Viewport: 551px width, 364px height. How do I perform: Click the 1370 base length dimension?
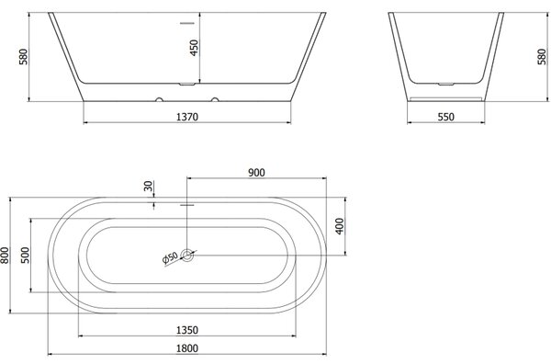pyautogui.click(x=187, y=117)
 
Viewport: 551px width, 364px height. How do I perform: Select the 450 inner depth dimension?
pyautogui.click(x=194, y=48)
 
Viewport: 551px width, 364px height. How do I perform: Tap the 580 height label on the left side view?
pyautogui.click(x=23, y=57)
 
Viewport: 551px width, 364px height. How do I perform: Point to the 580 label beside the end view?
pyautogui.click(x=542, y=57)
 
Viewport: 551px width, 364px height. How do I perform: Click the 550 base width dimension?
pyautogui.click(x=446, y=117)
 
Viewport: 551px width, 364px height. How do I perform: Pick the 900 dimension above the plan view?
pyautogui.click(x=256, y=173)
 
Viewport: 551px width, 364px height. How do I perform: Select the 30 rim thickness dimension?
pyautogui.click(x=149, y=186)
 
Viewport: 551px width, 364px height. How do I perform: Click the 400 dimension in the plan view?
pyautogui.click(x=340, y=226)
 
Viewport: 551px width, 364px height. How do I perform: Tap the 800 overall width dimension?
pyautogui.click(x=5, y=256)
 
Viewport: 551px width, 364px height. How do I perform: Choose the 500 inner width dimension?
pyautogui.click(x=26, y=256)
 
